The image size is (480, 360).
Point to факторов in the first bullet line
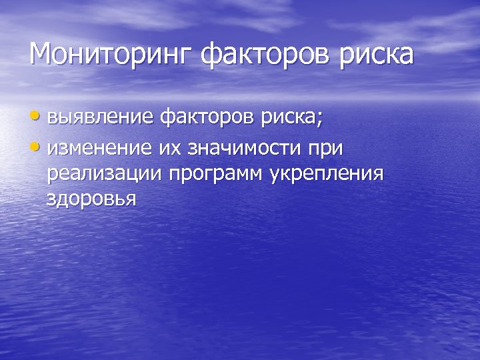coord(207,119)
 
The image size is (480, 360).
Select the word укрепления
coord(327,175)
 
